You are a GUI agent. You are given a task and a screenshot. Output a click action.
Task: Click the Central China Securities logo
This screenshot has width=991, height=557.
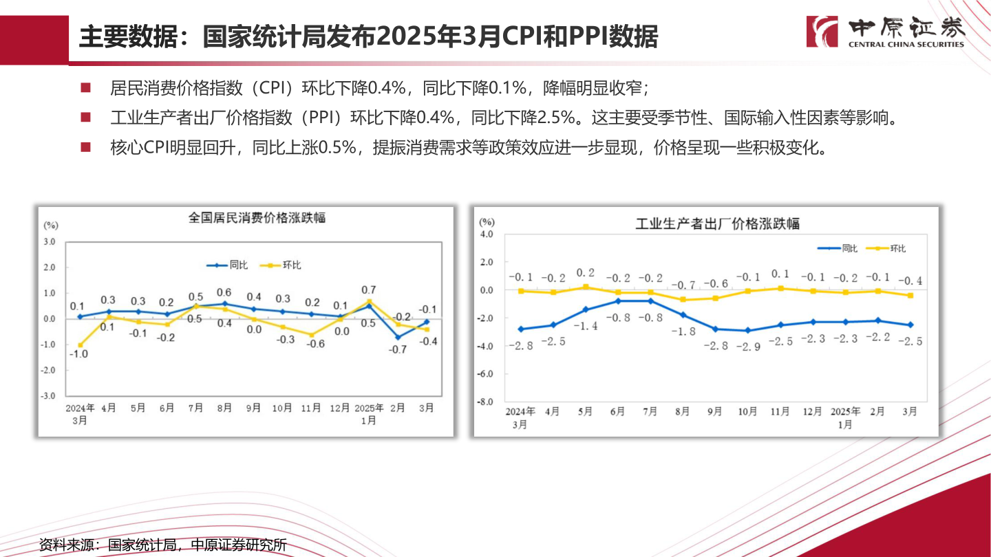pyautogui.click(x=886, y=32)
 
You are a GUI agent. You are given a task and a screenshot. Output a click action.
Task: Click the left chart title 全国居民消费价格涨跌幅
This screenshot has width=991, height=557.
pyautogui.click(x=257, y=218)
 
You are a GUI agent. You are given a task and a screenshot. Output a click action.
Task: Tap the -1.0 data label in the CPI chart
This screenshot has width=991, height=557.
pyautogui.click(x=80, y=355)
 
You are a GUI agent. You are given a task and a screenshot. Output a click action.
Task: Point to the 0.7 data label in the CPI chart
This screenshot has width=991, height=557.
pyautogui.click(x=368, y=290)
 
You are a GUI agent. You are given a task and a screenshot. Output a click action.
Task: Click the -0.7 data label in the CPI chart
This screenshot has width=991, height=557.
pyautogui.click(x=398, y=349)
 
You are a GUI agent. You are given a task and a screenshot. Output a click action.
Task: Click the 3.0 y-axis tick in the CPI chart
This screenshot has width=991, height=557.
pyautogui.click(x=50, y=241)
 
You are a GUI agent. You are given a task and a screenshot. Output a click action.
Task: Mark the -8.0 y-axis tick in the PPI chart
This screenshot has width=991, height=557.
pyautogui.click(x=486, y=402)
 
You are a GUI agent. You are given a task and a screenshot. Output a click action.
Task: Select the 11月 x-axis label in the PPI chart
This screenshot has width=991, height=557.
pyautogui.click(x=780, y=412)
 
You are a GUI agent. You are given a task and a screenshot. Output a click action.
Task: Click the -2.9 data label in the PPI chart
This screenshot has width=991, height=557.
pyautogui.click(x=747, y=346)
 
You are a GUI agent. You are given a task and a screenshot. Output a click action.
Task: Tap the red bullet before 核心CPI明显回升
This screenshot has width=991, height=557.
pyautogui.click(x=85, y=147)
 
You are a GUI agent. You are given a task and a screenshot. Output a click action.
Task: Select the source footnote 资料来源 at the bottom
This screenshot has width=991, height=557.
pyautogui.click(x=162, y=545)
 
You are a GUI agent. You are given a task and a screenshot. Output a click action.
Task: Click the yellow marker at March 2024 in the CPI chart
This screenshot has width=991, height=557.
pyautogui.click(x=80, y=345)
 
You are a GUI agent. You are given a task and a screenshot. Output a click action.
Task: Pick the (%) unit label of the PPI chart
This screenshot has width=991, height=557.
pyautogui.click(x=487, y=221)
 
